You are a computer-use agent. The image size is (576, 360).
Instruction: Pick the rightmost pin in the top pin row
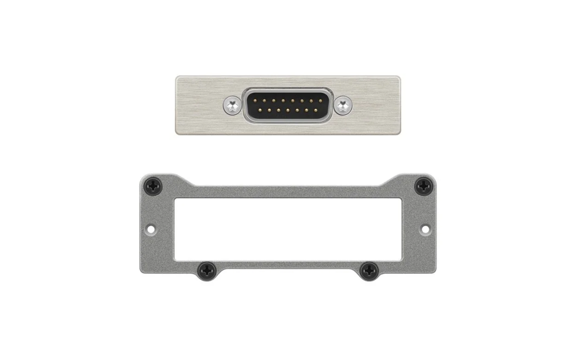point(321,100)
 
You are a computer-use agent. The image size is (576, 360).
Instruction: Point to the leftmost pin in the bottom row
point(259,111)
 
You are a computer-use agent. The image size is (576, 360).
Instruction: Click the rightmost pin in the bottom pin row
point(316,111)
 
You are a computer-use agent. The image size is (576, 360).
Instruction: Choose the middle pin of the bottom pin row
point(288,111)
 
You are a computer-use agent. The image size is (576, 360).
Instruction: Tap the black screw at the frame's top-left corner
point(153,187)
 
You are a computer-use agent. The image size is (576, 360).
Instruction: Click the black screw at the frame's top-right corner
point(423,187)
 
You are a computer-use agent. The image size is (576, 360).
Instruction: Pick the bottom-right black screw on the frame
point(369,271)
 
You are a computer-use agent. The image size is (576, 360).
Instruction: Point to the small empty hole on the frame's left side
point(150,228)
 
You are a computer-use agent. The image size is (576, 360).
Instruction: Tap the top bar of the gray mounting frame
point(288,192)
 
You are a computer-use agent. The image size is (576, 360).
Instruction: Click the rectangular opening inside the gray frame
point(288,229)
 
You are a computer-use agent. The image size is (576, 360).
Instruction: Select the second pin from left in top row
point(264,100)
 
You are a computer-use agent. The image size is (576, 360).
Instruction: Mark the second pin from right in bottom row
point(306,111)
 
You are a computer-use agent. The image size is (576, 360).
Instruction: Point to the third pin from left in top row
point(273,100)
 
